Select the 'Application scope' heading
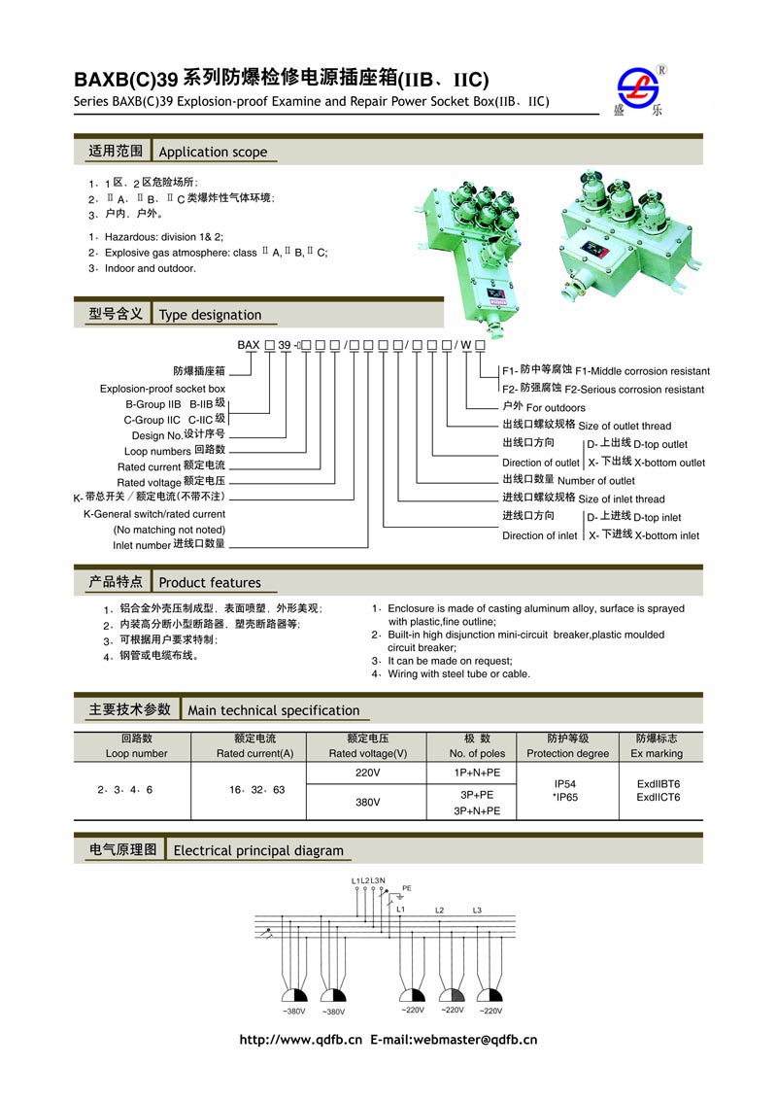(x=213, y=152)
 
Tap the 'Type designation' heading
(x=210, y=315)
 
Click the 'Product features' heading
(x=210, y=583)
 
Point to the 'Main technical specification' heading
(x=273, y=710)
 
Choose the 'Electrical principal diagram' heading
(x=258, y=851)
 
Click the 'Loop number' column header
(x=136, y=753)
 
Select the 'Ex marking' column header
(x=657, y=753)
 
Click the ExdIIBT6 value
(x=659, y=782)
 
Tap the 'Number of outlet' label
(x=596, y=480)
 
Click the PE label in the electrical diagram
(x=407, y=887)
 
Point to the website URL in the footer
(x=300, y=1039)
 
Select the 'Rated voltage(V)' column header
(x=368, y=753)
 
